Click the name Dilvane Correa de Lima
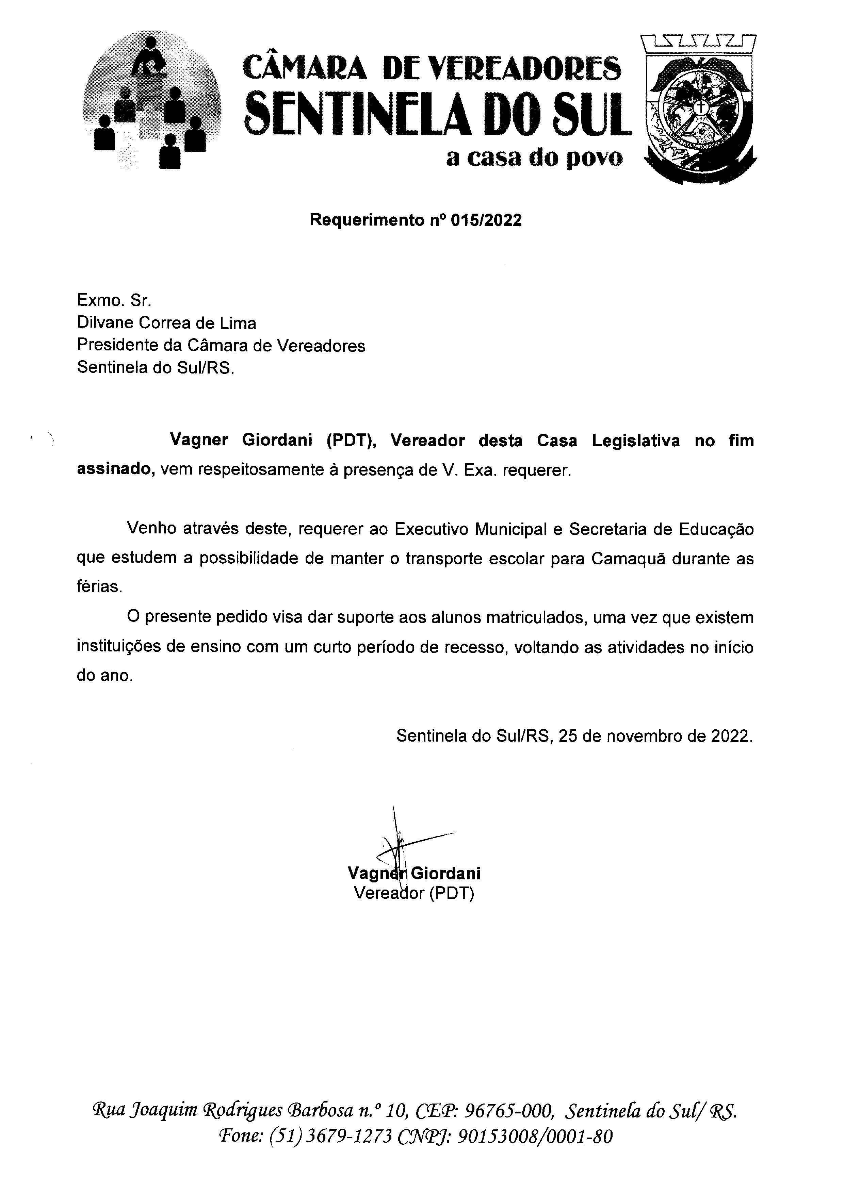166,323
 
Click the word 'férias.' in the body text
99,586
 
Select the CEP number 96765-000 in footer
507,1110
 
